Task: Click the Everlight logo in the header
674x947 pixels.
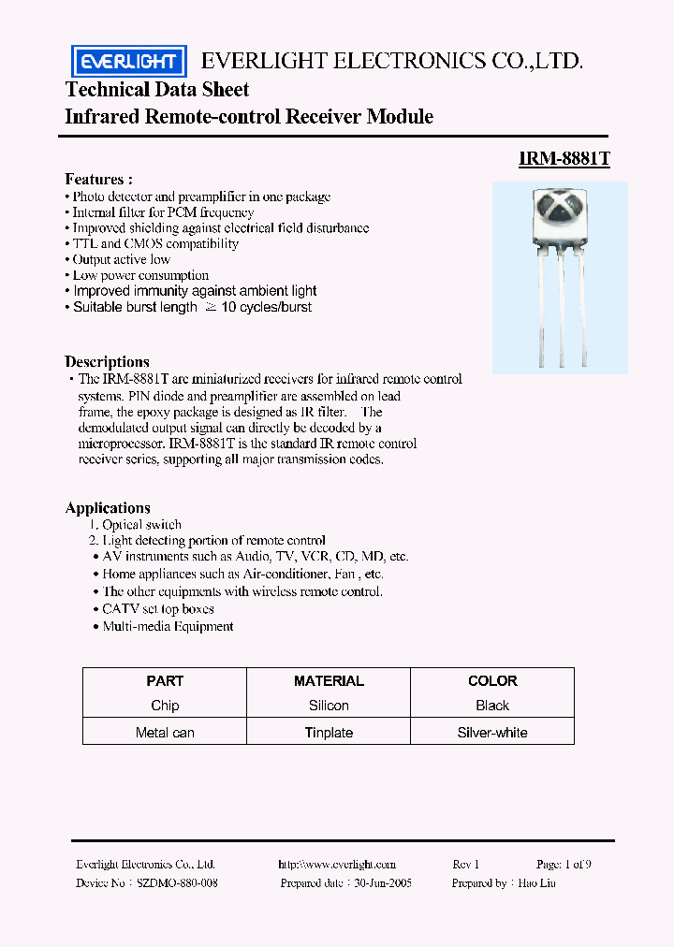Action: point(129,62)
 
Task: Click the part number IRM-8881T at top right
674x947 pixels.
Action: point(564,159)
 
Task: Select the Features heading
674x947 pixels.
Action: point(98,179)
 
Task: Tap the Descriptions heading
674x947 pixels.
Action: point(107,361)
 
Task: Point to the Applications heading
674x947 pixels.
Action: point(108,508)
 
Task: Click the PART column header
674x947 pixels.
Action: point(165,681)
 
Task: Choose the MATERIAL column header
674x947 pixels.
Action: point(329,681)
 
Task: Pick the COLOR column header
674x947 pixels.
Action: point(492,681)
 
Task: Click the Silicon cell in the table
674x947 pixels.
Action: point(329,706)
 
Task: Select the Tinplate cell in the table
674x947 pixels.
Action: point(329,733)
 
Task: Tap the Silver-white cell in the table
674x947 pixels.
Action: point(492,733)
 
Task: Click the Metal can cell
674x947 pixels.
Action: point(165,733)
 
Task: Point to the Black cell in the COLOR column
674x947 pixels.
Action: point(492,706)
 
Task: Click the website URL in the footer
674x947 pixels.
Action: point(337,865)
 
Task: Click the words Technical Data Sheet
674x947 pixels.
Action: point(157,90)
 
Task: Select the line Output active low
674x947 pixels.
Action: point(122,259)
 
